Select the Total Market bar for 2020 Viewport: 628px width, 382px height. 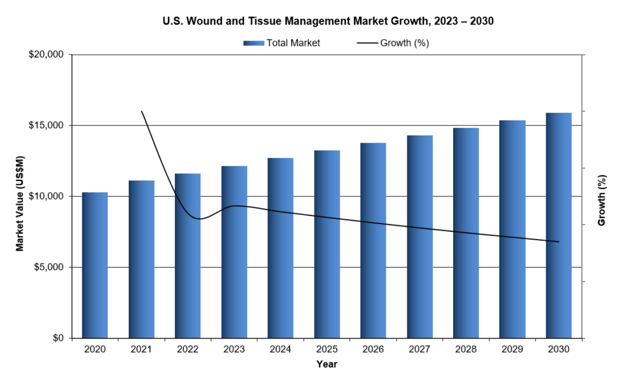95,265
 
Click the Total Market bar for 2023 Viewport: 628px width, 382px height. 234,252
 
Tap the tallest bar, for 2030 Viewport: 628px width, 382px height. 559,225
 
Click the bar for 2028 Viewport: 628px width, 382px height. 466,233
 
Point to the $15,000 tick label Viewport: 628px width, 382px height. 47,125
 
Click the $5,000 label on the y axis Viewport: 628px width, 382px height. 49,267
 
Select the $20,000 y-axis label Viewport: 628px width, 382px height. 47,55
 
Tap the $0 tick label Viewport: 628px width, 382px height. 58,338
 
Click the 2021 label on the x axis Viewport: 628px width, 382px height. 141,349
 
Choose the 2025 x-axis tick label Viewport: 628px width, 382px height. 327,349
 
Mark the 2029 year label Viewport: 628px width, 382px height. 512,349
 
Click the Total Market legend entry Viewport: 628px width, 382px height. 281,43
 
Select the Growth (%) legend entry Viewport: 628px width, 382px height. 392,43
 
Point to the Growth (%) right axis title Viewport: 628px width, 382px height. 602,200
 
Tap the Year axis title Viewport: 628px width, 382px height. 327,364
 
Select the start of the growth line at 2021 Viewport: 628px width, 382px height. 142,111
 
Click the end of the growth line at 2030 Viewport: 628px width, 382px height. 559,242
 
